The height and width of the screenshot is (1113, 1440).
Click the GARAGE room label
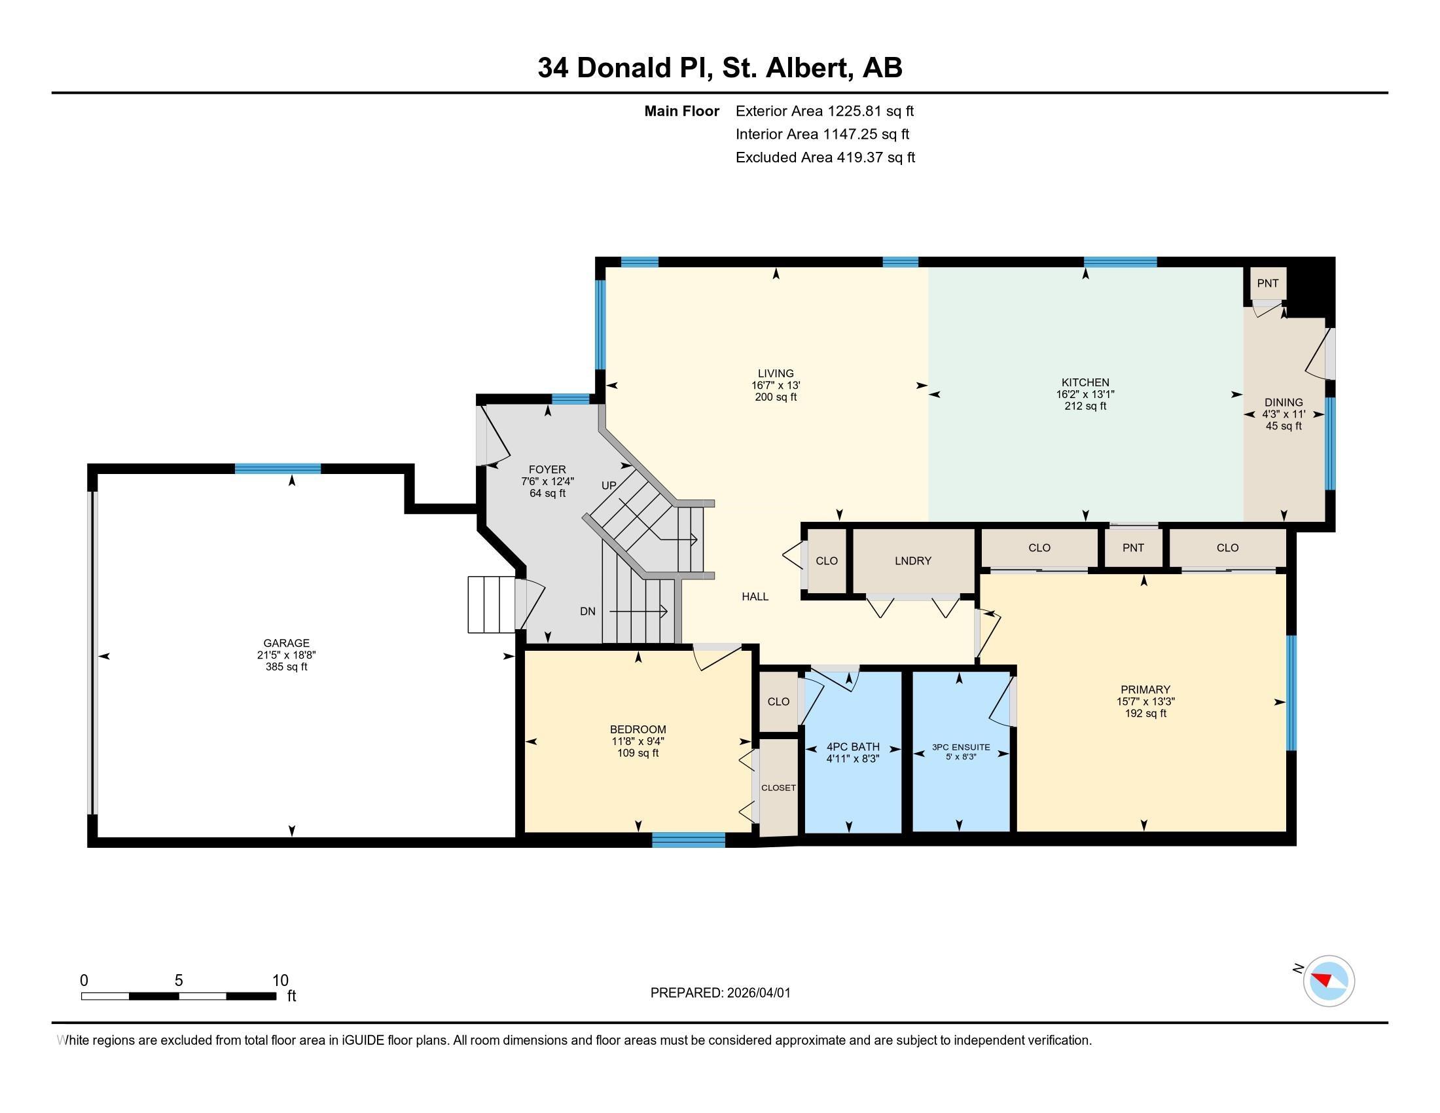286,643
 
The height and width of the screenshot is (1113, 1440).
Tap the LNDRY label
912,561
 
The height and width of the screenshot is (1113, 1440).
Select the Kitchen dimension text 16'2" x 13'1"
1085,394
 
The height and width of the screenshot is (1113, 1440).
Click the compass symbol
1328,981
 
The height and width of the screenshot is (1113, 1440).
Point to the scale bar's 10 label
280,981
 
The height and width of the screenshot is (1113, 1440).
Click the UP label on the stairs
609,485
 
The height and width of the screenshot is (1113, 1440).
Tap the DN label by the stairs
588,611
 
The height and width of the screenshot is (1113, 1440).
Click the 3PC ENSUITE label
961,747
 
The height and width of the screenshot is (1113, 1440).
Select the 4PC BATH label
852,747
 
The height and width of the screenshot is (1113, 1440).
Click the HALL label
755,596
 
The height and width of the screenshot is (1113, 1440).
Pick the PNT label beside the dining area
1267,283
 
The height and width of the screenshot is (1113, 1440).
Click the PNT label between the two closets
1133,548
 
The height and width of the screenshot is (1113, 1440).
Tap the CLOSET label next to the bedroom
778,788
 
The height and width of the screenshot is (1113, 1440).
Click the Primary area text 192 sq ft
1145,714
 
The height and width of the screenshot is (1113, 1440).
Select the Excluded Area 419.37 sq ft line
825,158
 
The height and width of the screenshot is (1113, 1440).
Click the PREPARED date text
720,993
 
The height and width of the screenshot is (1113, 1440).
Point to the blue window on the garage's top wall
278,469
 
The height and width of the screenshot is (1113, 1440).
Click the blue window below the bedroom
689,840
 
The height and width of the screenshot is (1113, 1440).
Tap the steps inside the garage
491,605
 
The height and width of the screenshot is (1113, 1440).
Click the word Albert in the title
806,68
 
